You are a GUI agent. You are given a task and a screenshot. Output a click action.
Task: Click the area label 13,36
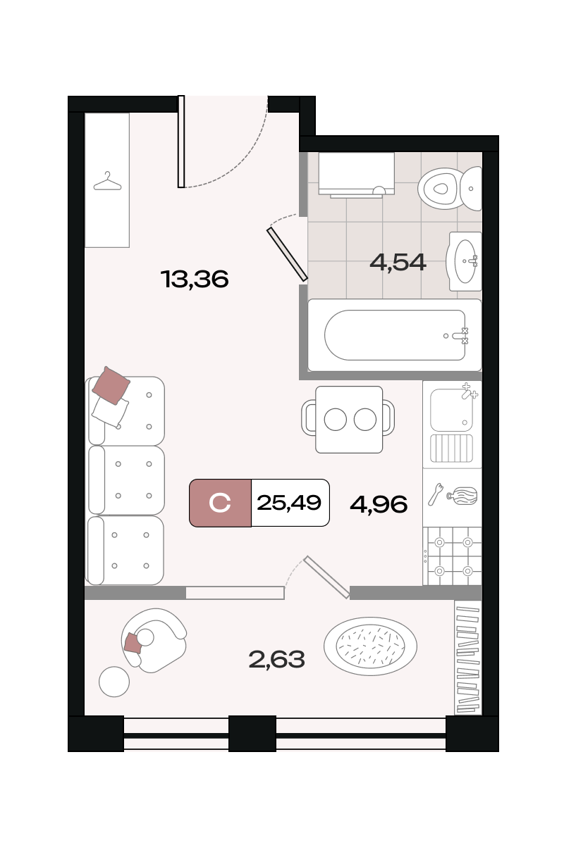click(x=195, y=279)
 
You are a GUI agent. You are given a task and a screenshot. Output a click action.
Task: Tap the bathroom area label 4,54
click(x=398, y=262)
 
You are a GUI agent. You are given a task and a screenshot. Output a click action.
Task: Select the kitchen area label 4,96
click(x=379, y=504)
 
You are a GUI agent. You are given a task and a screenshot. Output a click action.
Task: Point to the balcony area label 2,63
click(x=276, y=659)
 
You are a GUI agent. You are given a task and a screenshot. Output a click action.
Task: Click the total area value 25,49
click(x=289, y=503)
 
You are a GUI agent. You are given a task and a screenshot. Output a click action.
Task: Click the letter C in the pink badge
click(x=220, y=503)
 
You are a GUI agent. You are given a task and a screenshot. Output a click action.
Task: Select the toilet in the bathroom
click(x=450, y=189)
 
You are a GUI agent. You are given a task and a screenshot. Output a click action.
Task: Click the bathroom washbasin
click(x=465, y=261)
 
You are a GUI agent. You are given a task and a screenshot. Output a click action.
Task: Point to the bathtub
click(x=394, y=335)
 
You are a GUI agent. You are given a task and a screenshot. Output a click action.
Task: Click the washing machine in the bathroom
click(x=356, y=175)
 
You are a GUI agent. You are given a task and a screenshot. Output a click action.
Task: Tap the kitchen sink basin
click(x=451, y=410)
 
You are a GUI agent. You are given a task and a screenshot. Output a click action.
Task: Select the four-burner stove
click(x=452, y=556)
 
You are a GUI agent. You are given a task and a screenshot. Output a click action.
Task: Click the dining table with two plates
click(x=349, y=419)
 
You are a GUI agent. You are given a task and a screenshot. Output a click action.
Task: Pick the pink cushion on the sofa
click(x=111, y=386)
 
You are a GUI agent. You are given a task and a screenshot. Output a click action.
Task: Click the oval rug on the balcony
click(x=370, y=646)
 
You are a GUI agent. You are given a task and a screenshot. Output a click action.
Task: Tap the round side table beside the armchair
click(x=114, y=682)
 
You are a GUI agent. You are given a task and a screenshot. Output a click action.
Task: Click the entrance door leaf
click(x=181, y=142)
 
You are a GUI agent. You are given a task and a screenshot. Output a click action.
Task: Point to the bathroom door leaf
click(x=287, y=255)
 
